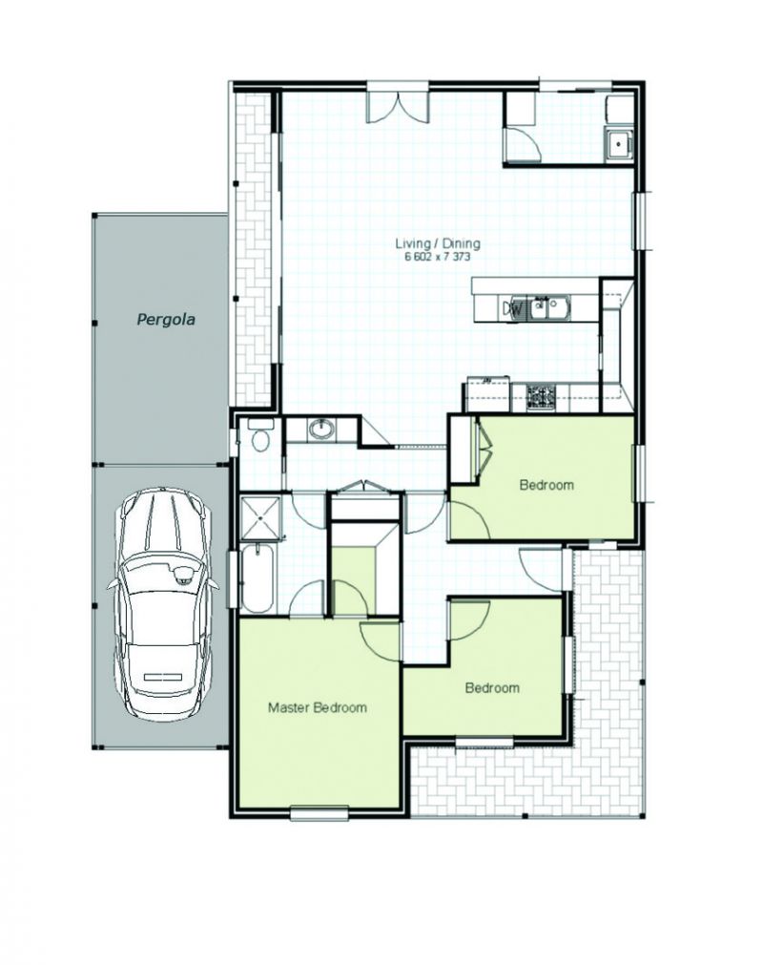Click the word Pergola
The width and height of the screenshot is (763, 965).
tap(166, 320)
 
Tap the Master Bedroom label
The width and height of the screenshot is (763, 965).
tap(318, 707)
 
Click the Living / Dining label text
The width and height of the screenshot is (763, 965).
tap(437, 243)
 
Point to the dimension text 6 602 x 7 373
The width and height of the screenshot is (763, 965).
tap(437, 258)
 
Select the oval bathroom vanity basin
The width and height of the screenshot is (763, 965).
tap(320, 429)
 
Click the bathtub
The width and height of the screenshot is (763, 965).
tap(256, 577)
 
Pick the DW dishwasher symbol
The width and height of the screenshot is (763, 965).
tap(512, 309)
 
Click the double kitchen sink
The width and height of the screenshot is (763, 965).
tap(550, 307)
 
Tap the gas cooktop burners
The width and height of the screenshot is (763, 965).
tap(541, 397)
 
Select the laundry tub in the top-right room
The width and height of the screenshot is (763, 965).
tap(619, 145)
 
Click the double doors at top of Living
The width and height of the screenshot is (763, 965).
tap(397, 107)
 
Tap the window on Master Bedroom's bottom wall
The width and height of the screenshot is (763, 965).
tap(320, 813)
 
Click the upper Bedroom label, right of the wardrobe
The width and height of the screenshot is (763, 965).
tap(546, 485)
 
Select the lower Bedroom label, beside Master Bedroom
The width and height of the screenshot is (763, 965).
tap(492, 688)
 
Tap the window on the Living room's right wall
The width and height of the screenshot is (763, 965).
tap(642, 220)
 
